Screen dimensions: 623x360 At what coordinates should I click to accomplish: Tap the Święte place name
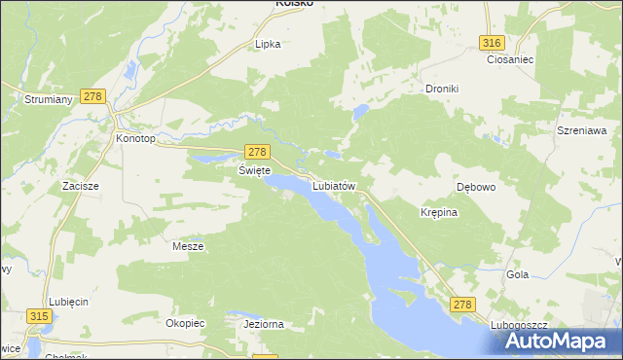[x=253, y=169]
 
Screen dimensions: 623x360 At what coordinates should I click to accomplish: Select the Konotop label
[x=135, y=138]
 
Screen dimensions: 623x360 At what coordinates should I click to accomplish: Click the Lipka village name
[x=268, y=44]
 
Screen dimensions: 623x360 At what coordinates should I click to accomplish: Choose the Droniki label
[x=441, y=89]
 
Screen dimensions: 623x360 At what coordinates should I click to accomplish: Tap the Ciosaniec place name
[x=507, y=58]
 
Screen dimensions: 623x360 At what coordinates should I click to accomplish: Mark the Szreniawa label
[x=582, y=129]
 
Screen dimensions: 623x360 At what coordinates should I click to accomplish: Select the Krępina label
[x=438, y=211]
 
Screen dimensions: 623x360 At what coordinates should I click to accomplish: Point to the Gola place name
[x=517, y=274]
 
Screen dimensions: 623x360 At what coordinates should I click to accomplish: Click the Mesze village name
[x=188, y=246]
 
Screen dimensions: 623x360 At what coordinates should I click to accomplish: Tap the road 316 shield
[x=492, y=42]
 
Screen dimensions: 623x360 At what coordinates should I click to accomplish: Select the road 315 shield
[x=40, y=316]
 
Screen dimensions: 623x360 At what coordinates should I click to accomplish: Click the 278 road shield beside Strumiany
[x=92, y=95]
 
